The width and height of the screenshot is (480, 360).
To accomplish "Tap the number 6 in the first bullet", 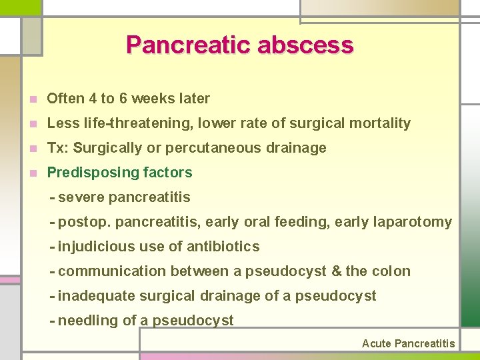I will [123, 99].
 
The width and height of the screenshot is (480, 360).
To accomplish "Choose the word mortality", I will [381, 123].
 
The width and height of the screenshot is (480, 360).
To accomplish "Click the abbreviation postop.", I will [81, 222].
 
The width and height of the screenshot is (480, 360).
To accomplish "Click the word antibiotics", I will [223, 247].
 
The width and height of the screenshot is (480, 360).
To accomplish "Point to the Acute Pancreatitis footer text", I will [408, 344].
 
